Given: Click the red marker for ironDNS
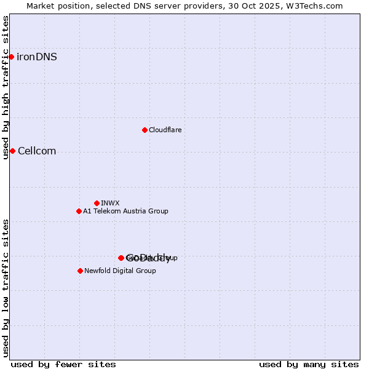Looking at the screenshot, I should coord(11,57).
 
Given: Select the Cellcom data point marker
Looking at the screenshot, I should coord(12,151).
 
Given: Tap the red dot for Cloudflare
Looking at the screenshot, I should coord(145,130).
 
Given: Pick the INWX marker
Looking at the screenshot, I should coord(97,203).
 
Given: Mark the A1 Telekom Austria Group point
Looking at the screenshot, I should coord(79,212).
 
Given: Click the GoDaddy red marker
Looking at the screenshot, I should coord(121,258).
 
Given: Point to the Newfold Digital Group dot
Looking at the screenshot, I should coord(80,271).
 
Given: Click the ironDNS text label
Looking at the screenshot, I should coord(37,57).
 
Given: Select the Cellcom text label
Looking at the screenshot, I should coord(37,151).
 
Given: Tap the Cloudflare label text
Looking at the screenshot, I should coord(165,130).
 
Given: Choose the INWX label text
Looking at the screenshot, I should coord(110,203).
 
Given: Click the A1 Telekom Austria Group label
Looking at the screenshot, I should coord(125,212).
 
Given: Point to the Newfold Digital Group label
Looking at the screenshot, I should coord(120,271).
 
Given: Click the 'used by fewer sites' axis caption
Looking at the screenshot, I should coord(63,365).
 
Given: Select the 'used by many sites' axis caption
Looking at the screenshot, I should coord(309,365).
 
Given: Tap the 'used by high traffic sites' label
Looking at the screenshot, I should coord(6,87).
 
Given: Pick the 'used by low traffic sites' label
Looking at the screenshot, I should coord(6,287).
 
